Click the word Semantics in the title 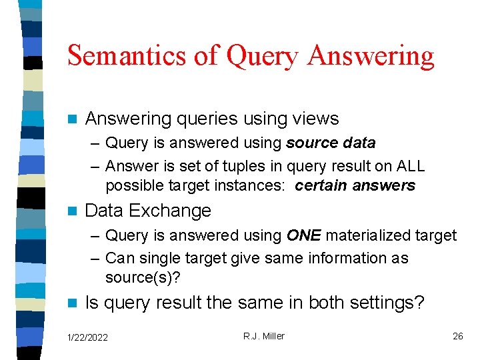point(126,55)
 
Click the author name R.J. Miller point(263,336)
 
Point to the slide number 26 point(457,336)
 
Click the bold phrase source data point(331,143)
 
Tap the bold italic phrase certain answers point(355,185)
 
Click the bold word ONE point(303,235)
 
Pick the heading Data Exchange point(148,211)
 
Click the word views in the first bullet point(316,119)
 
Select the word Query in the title point(261,55)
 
